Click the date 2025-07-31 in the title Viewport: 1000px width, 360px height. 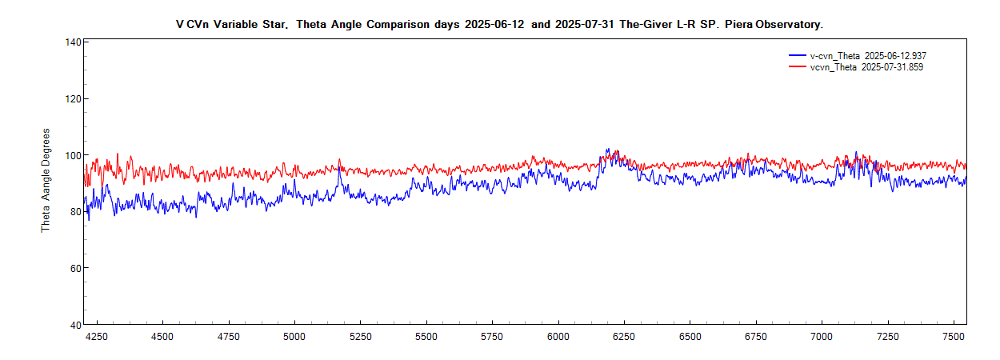(x=586, y=25)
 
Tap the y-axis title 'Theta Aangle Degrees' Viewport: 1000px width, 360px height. (x=46, y=180)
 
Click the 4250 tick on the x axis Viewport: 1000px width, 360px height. (x=97, y=337)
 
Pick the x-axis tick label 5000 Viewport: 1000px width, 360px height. (x=294, y=337)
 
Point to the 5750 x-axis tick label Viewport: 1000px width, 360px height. (x=492, y=337)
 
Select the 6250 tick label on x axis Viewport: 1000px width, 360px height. (x=624, y=337)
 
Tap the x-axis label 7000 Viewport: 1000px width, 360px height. (x=822, y=337)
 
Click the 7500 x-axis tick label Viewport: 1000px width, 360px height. (x=954, y=337)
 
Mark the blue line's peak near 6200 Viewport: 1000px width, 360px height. (x=607, y=149)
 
